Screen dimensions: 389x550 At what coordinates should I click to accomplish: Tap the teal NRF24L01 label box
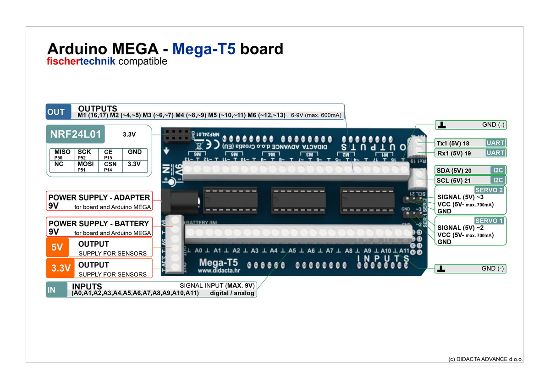pos(76,135)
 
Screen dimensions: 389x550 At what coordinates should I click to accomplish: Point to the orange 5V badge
pos(57,247)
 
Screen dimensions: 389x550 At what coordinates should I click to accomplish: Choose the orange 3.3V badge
pos(60,268)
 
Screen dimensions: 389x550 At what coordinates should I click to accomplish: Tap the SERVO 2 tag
pos(489,190)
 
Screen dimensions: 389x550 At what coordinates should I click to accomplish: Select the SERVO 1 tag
pos(489,221)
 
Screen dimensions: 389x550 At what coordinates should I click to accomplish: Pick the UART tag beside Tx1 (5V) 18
pos(495,143)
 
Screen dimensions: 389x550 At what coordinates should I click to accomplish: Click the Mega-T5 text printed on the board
pos(219,263)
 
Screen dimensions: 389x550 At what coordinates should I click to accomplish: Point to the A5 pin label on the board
pos(292,251)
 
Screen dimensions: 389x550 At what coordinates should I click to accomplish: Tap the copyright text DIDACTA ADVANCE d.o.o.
pos(485,359)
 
